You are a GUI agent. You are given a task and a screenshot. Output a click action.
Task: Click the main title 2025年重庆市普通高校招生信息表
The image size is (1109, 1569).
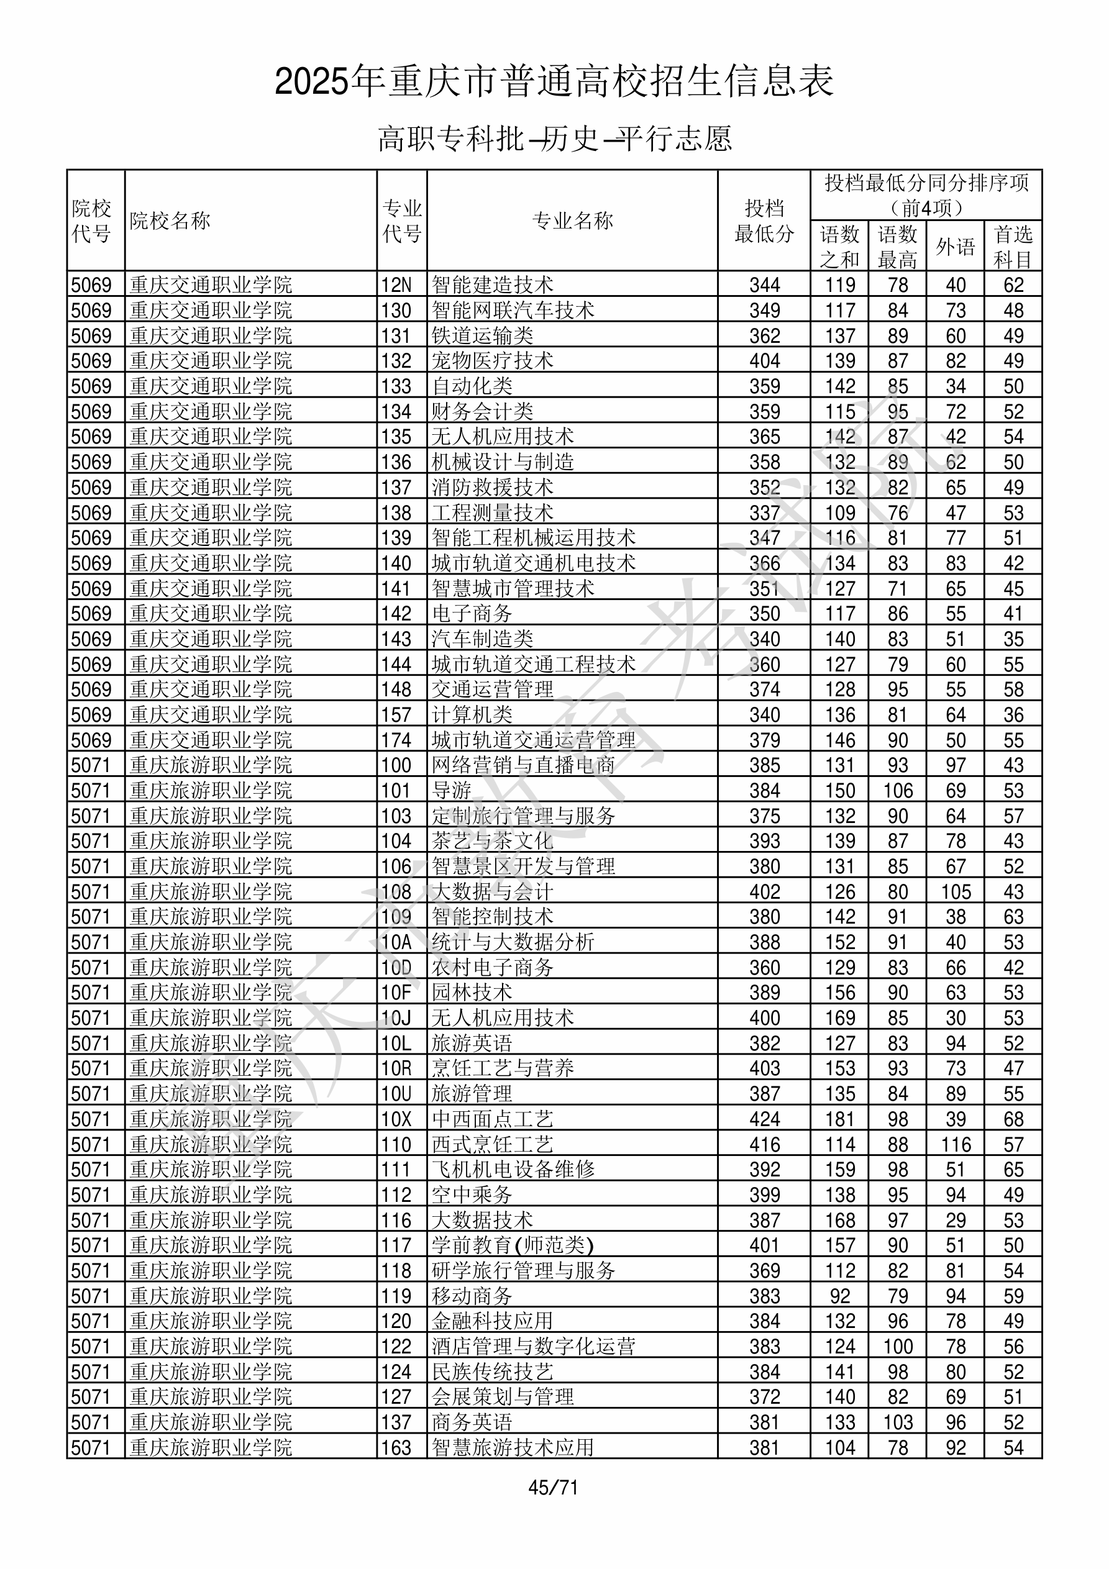click(x=554, y=81)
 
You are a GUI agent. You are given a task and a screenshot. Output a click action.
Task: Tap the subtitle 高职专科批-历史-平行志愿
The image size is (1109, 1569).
click(x=554, y=139)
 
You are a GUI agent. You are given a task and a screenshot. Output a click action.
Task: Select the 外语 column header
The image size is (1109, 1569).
click(x=955, y=247)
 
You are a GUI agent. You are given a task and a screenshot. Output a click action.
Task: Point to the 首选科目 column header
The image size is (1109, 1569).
click(x=1013, y=247)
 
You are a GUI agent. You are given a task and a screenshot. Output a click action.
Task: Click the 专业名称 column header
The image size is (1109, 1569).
click(x=572, y=221)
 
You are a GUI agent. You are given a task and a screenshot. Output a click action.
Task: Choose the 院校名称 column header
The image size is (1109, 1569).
click(x=170, y=221)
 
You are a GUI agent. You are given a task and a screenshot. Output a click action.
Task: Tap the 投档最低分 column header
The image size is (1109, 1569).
click(x=764, y=221)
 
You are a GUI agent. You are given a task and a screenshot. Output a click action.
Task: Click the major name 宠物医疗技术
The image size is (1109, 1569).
click(x=492, y=361)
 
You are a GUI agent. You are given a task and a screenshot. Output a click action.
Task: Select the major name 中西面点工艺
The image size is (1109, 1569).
click(x=492, y=1119)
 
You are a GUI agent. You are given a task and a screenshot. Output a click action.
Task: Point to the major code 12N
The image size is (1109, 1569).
click(x=396, y=285)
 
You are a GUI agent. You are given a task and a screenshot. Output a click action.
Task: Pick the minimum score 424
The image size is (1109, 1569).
click(x=764, y=1119)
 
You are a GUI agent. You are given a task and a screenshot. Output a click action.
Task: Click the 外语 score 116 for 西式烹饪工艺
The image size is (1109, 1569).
click(x=955, y=1145)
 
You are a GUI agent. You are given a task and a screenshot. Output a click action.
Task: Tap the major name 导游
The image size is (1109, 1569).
click(x=452, y=791)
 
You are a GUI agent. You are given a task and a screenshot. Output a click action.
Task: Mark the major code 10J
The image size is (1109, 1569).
click(x=396, y=1018)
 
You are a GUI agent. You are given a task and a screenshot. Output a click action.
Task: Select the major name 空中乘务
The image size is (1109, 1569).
click(x=472, y=1195)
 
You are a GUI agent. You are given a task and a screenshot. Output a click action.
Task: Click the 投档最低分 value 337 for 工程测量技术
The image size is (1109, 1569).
click(x=764, y=512)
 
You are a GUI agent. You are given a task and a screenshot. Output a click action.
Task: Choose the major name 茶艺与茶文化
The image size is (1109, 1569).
click(x=492, y=841)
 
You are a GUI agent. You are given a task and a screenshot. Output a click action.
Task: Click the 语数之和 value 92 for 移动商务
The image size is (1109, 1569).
click(x=839, y=1296)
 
